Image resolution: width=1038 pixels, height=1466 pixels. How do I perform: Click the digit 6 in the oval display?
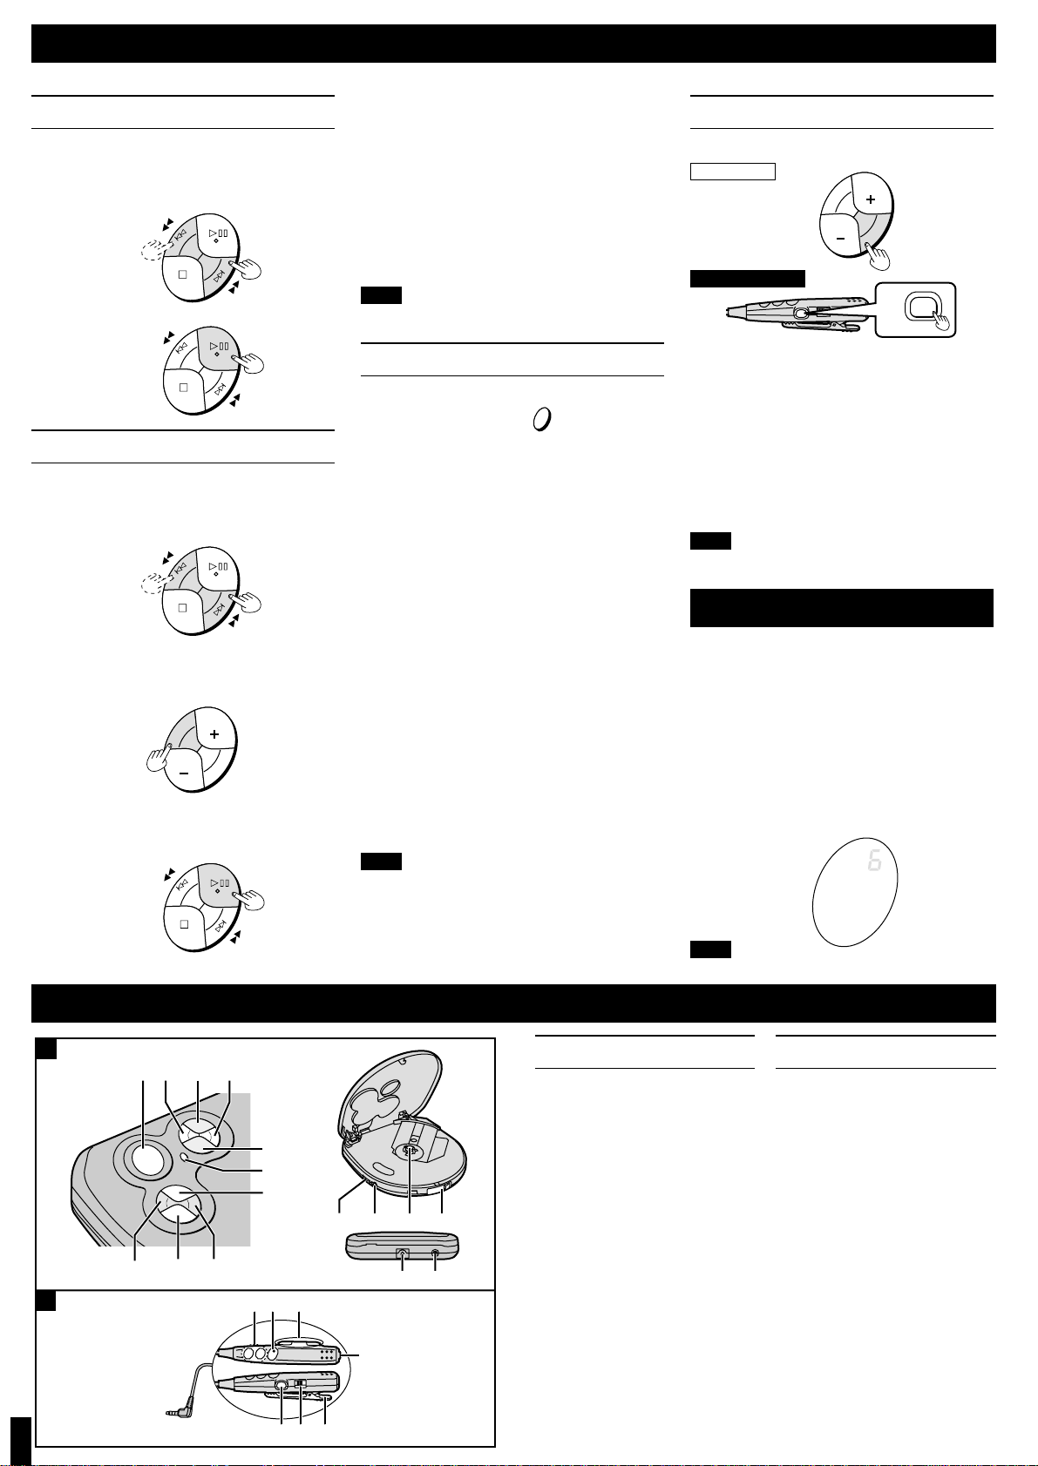pos(874,861)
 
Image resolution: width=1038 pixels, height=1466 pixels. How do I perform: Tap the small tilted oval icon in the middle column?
pos(541,419)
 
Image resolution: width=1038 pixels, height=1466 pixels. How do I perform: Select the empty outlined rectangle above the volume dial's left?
pos(733,172)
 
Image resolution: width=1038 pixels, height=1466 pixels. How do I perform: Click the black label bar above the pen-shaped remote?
pos(747,278)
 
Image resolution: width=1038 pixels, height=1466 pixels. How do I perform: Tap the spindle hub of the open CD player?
pos(410,1151)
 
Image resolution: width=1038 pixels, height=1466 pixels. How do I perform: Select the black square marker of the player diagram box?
pos(46,1049)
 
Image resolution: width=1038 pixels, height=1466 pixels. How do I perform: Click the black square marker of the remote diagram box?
pos(46,1300)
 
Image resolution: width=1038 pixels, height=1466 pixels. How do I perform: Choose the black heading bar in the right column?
pos(842,608)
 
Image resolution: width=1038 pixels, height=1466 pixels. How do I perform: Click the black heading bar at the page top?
pos(513,44)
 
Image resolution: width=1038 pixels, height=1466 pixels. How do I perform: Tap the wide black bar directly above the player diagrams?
pos(513,1003)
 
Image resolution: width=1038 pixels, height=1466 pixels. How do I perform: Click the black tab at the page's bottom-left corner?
pos(21,1441)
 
